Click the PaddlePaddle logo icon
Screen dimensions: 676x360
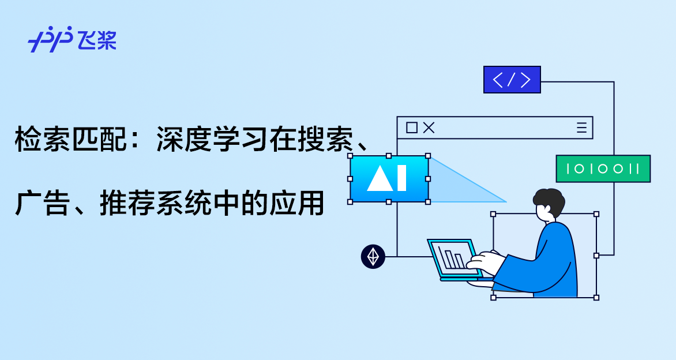click(50, 39)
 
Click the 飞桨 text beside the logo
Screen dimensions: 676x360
click(97, 40)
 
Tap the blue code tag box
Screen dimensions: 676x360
click(512, 80)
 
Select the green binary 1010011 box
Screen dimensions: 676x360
click(603, 168)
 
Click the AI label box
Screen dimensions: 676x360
click(389, 179)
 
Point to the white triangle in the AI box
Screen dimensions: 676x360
click(380, 178)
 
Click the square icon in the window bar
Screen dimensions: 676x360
click(412, 127)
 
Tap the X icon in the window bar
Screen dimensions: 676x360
click(429, 127)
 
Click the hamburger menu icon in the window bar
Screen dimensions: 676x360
click(581, 127)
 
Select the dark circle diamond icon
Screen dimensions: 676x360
click(373, 257)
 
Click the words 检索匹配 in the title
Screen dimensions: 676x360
click(71, 139)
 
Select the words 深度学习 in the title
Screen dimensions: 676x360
click(212, 139)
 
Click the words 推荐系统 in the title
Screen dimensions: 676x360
click(156, 203)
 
